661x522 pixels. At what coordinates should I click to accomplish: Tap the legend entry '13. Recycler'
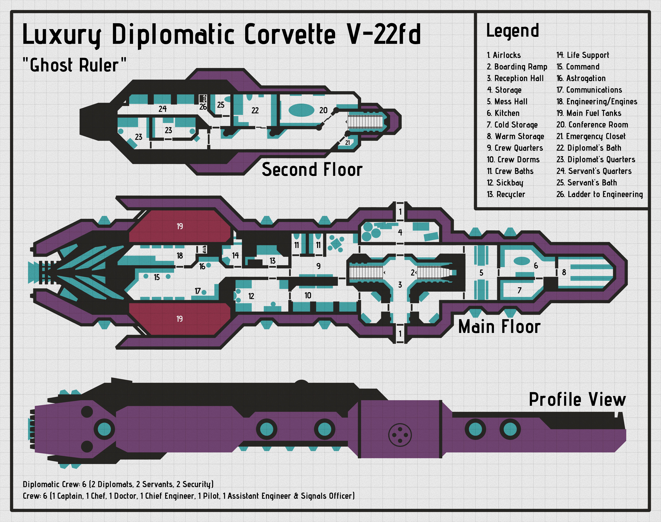[506, 194]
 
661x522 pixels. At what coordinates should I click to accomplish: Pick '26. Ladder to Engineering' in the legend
[599, 194]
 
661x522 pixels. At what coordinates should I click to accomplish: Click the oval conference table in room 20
[302, 110]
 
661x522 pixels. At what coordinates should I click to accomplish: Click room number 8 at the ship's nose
[564, 272]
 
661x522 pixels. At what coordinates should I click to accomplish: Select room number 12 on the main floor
[251, 296]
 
